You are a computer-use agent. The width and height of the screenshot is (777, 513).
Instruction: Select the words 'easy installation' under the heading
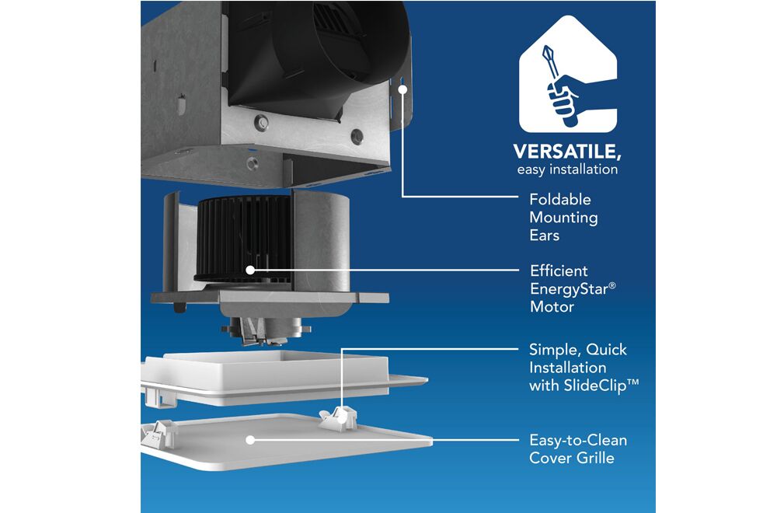(x=567, y=169)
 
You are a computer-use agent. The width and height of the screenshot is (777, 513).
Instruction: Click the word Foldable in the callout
(x=560, y=199)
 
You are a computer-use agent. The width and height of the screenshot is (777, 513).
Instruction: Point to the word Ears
(x=544, y=235)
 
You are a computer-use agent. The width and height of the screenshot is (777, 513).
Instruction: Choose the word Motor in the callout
(x=552, y=306)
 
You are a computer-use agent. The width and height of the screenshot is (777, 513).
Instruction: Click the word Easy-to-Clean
(x=578, y=440)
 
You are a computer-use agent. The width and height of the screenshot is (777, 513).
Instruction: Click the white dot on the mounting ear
(x=402, y=89)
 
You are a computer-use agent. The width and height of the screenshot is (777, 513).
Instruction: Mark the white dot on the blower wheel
(x=250, y=270)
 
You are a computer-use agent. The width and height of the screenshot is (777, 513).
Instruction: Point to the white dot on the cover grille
(x=250, y=440)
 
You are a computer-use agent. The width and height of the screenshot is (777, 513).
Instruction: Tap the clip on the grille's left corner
(x=159, y=434)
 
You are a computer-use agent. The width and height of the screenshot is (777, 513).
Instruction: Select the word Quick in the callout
(x=606, y=350)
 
